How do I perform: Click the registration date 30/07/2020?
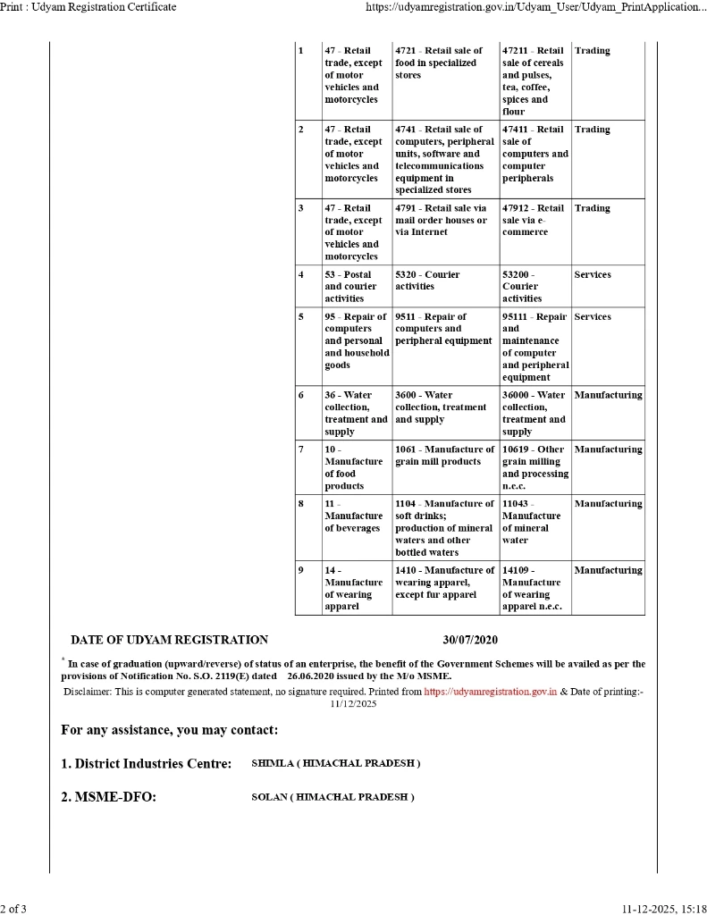click(x=470, y=640)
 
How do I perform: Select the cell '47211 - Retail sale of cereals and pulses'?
click(x=534, y=80)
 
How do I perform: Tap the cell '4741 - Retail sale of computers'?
click(x=444, y=159)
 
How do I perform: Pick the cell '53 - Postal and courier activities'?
click(x=356, y=286)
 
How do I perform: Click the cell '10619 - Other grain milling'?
click(x=534, y=467)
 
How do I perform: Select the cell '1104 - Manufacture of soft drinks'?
click(x=444, y=527)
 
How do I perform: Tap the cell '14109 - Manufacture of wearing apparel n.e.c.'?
click(x=534, y=588)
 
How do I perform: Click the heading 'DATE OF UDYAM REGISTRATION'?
click(x=169, y=640)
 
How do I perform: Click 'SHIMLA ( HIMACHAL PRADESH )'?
click(x=335, y=763)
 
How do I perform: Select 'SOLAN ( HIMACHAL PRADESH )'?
click(x=332, y=796)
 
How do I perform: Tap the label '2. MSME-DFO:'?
click(x=108, y=797)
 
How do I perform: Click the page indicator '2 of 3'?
click(x=13, y=909)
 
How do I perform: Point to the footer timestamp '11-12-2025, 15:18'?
click(x=663, y=909)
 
